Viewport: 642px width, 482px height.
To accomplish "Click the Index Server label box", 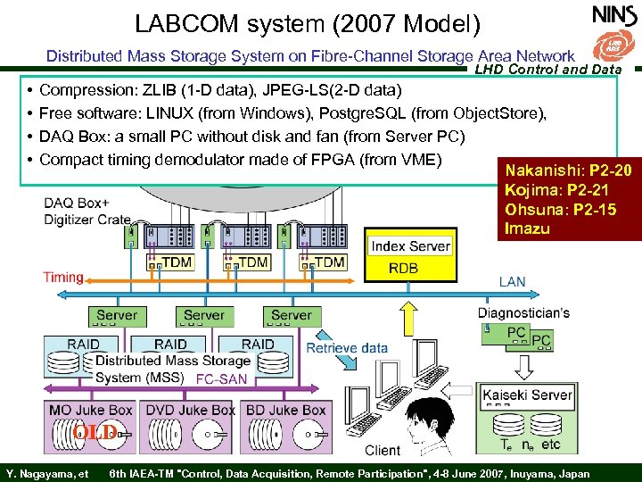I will point(410,245).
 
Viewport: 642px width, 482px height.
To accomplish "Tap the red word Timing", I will point(62,278).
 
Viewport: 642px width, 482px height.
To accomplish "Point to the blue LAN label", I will point(512,282).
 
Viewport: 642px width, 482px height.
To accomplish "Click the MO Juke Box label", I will point(90,410).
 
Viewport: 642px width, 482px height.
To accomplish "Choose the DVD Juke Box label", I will point(190,410).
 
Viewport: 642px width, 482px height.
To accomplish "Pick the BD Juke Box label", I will point(285,410).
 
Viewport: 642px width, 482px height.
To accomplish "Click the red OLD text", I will point(94,433).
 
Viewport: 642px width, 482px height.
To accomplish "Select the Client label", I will point(383,450).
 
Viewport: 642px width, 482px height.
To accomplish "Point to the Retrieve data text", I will point(348,347).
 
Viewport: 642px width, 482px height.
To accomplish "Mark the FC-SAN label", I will point(222,378).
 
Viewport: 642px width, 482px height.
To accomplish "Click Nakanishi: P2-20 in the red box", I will point(568,170).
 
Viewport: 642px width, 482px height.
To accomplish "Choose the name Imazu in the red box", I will point(526,229).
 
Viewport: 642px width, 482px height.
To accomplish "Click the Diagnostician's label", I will point(523,312).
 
